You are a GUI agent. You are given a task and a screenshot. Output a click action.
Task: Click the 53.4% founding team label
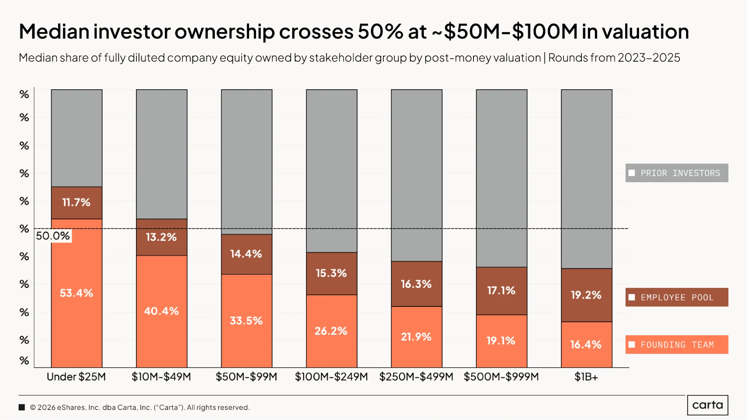[x=76, y=293]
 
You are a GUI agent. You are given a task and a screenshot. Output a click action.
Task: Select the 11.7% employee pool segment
[x=77, y=203]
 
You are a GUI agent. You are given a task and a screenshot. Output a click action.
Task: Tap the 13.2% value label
[x=161, y=237]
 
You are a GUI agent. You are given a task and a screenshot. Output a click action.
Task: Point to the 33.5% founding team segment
[x=247, y=321]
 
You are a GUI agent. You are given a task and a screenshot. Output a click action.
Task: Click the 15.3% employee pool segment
[x=331, y=274]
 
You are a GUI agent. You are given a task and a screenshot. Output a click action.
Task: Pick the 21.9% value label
[x=416, y=337]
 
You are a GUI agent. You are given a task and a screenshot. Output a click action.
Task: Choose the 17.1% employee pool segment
[x=501, y=291]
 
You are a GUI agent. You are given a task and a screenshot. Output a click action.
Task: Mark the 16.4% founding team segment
[x=587, y=345]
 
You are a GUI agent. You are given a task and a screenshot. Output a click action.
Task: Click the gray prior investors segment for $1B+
[x=587, y=179]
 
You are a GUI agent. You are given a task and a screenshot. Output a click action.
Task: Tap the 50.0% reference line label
[x=53, y=236]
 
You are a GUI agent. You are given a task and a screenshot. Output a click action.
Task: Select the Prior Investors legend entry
[x=677, y=173]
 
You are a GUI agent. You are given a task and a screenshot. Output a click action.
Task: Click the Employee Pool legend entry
[x=677, y=297]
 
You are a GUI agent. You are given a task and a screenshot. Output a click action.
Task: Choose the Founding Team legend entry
[x=677, y=345]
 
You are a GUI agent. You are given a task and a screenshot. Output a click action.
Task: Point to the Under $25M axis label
[x=76, y=377]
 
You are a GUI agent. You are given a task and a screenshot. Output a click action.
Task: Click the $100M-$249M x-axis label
[x=331, y=377]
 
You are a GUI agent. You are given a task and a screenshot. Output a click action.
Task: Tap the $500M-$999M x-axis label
[x=501, y=377]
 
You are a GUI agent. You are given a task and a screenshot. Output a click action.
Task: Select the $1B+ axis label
[x=586, y=377]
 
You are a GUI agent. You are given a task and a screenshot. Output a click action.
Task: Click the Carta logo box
[x=708, y=405]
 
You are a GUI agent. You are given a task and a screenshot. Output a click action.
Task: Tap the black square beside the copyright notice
[x=22, y=407]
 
